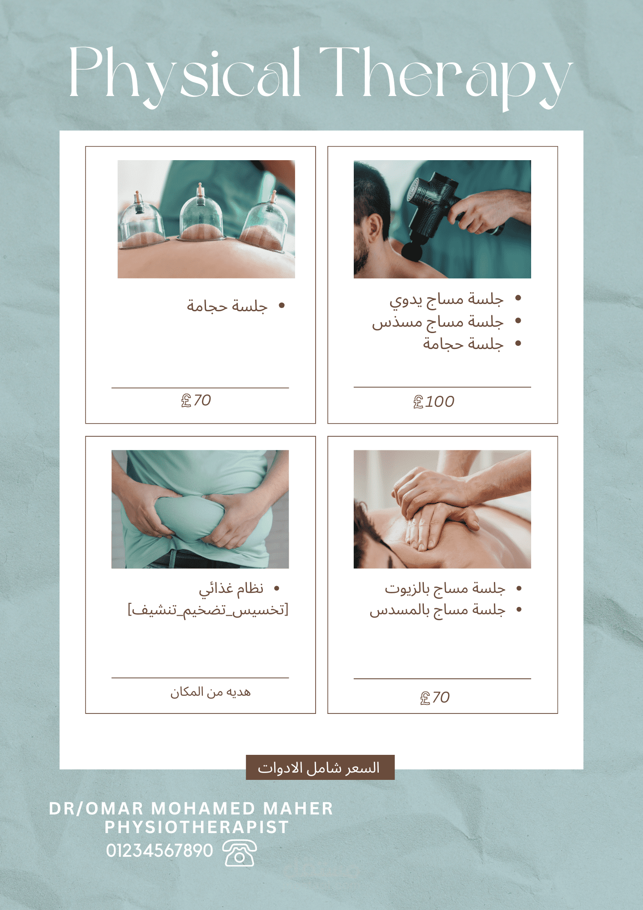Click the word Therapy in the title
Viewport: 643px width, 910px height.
tap(446, 77)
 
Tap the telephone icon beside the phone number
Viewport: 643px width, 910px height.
tap(240, 853)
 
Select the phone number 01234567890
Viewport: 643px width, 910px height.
tap(160, 850)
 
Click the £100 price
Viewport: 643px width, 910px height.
tap(434, 401)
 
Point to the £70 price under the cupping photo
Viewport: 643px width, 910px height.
tap(196, 400)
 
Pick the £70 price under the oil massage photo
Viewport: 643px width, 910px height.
tap(435, 697)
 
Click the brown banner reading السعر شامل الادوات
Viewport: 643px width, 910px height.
tap(320, 768)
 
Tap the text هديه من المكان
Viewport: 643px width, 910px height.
tap(211, 692)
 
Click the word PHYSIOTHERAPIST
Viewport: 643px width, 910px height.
tap(197, 827)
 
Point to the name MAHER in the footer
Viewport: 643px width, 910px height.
tap(298, 809)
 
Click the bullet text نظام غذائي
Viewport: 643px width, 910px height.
tap(231, 589)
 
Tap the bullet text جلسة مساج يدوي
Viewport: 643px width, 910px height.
tap(446, 299)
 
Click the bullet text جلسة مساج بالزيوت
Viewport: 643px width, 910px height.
tap(445, 588)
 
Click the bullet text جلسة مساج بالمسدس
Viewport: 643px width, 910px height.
tap(437, 610)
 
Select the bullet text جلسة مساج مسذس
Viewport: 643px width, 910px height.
tap(438, 322)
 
